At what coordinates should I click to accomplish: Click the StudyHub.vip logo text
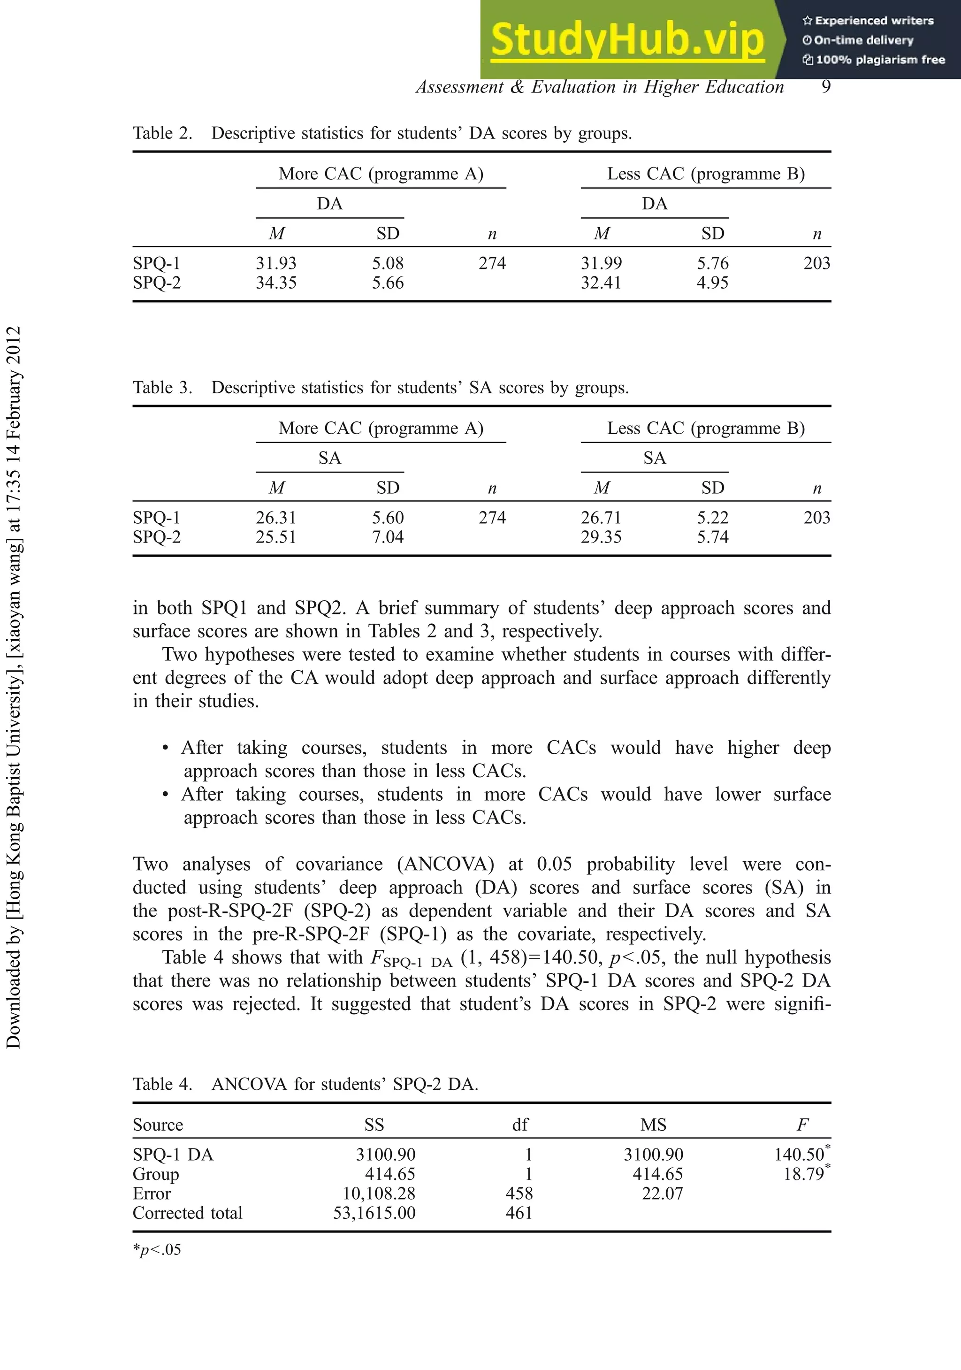[627, 40]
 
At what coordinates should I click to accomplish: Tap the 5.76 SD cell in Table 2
[712, 263]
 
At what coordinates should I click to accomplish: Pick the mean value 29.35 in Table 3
[601, 537]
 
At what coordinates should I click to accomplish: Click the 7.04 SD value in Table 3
[388, 537]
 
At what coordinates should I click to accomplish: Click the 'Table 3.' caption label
[162, 388]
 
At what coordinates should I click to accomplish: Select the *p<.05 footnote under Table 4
[157, 1249]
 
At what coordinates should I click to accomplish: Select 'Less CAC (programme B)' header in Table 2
[706, 174]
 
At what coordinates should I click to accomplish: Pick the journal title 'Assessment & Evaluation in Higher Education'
[600, 87]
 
